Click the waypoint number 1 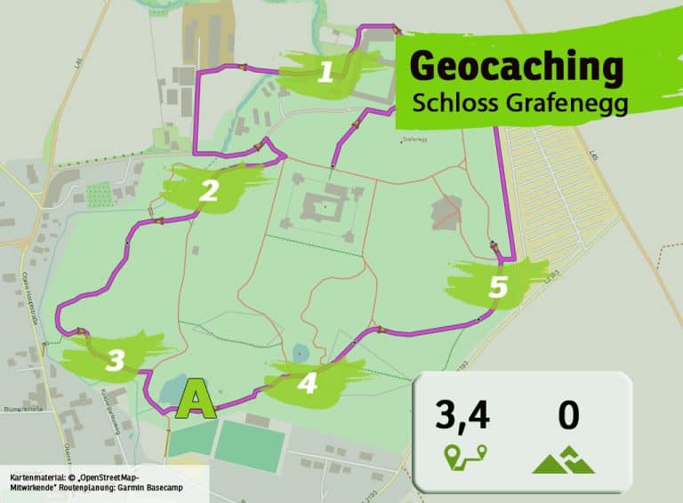[x=326, y=71]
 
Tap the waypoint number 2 [x=209, y=190]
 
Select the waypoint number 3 [x=115, y=360]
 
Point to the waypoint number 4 [x=308, y=384]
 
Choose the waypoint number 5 [x=497, y=287]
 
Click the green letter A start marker [x=197, y=400]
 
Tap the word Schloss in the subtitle [x=451, y=102]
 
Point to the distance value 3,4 [x=462, y=416]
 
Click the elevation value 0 [x=568, y=416]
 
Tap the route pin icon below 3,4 [x=463, y=459]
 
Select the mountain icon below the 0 [x=566, y=459]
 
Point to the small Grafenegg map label [x=414, y=140]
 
